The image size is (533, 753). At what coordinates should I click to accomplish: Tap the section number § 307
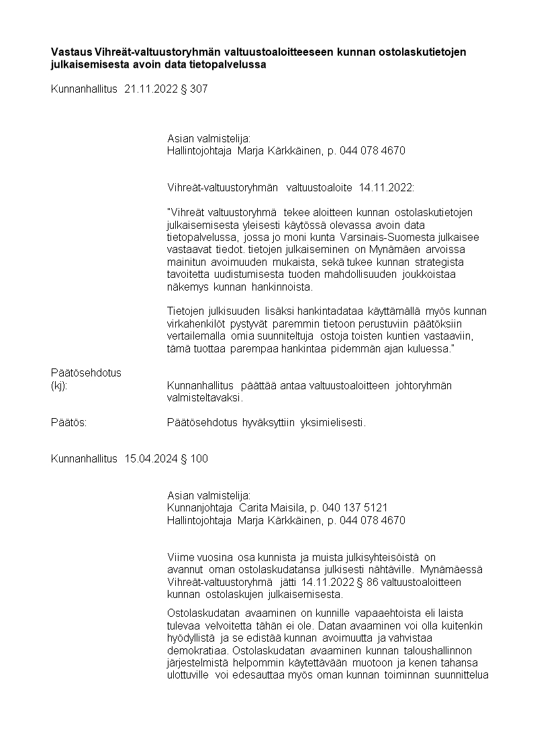tap(195, 89)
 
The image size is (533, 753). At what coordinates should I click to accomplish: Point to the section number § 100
tap(195, 459)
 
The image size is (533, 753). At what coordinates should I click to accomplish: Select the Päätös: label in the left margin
tap(69, 423)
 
